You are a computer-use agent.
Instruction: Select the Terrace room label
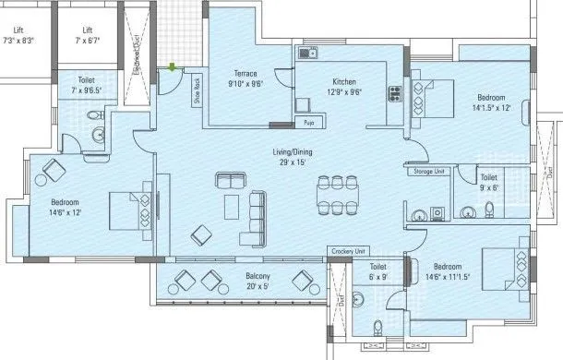[x=245, y=74]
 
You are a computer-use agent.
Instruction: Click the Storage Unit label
[x=429, y=171]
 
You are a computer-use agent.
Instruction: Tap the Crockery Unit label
[x=348, y=251]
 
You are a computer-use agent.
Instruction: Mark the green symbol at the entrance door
[x=173, y=66]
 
